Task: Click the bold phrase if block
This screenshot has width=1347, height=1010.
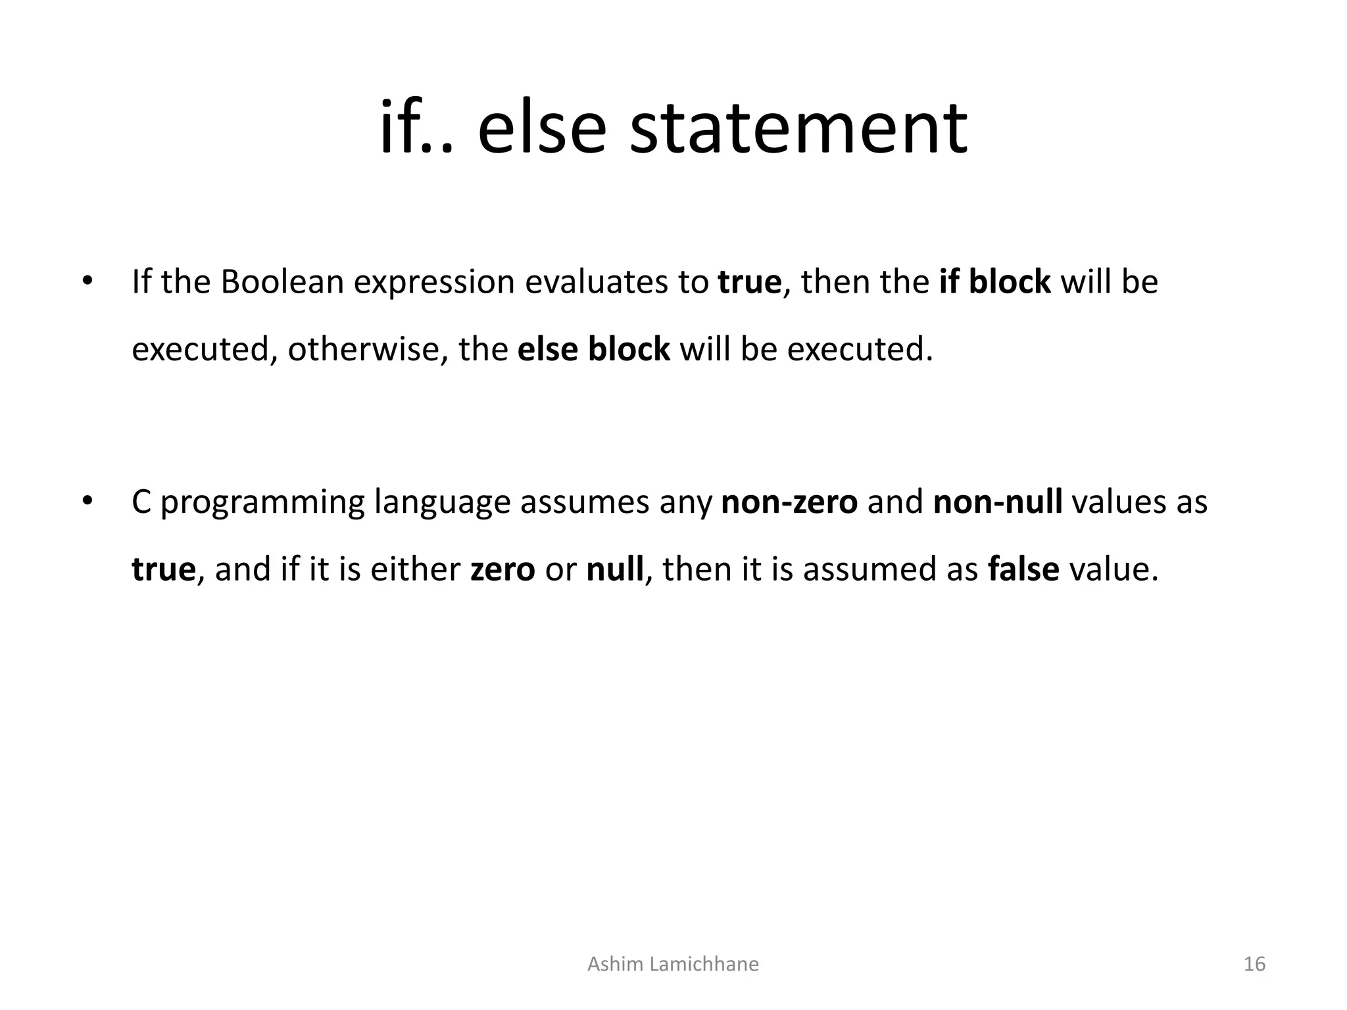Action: (x=994, y=282)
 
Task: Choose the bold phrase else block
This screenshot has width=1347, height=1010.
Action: (x=593, y=349)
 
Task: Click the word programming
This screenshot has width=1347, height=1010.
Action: (x=262, y=503)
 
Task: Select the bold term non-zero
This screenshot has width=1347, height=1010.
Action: (x=789, y=502)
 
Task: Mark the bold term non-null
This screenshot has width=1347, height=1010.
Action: (x=998, y=502)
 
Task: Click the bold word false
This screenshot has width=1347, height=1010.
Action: (x=1023, y=569)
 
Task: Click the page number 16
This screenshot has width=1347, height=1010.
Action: (x=1255, y=964)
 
